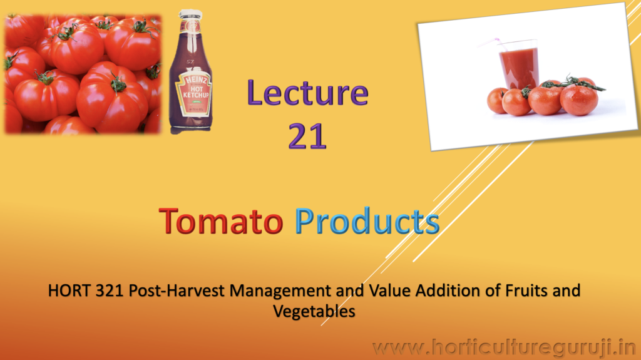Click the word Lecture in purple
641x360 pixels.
point(307,93)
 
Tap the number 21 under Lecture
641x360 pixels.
point(307,136)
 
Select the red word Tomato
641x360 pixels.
point(221,221)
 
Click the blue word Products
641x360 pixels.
point(367,221)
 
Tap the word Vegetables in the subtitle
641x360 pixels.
point(314,312)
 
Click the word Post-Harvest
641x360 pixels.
point(177,291)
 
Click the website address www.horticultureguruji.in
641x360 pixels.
point(505,347)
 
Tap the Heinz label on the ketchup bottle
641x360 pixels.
point(193,92)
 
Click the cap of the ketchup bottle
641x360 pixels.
point(190,15)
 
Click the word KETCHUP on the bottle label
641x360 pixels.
point(196,95)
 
